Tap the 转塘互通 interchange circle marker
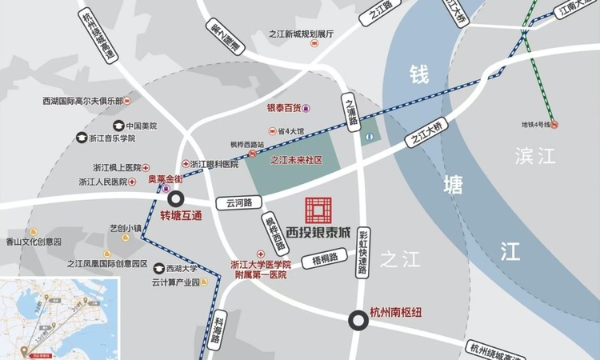point(175,200)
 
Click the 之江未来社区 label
point(295,160)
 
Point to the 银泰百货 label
point(284,107)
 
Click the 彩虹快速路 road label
point(364,253)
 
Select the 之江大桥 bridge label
point(424,132)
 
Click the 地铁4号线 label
point(534,124)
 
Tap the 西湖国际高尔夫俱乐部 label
point(82,102)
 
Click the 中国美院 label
point(140,126)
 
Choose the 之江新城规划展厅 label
point(300,34)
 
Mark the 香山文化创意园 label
point(34,241)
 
